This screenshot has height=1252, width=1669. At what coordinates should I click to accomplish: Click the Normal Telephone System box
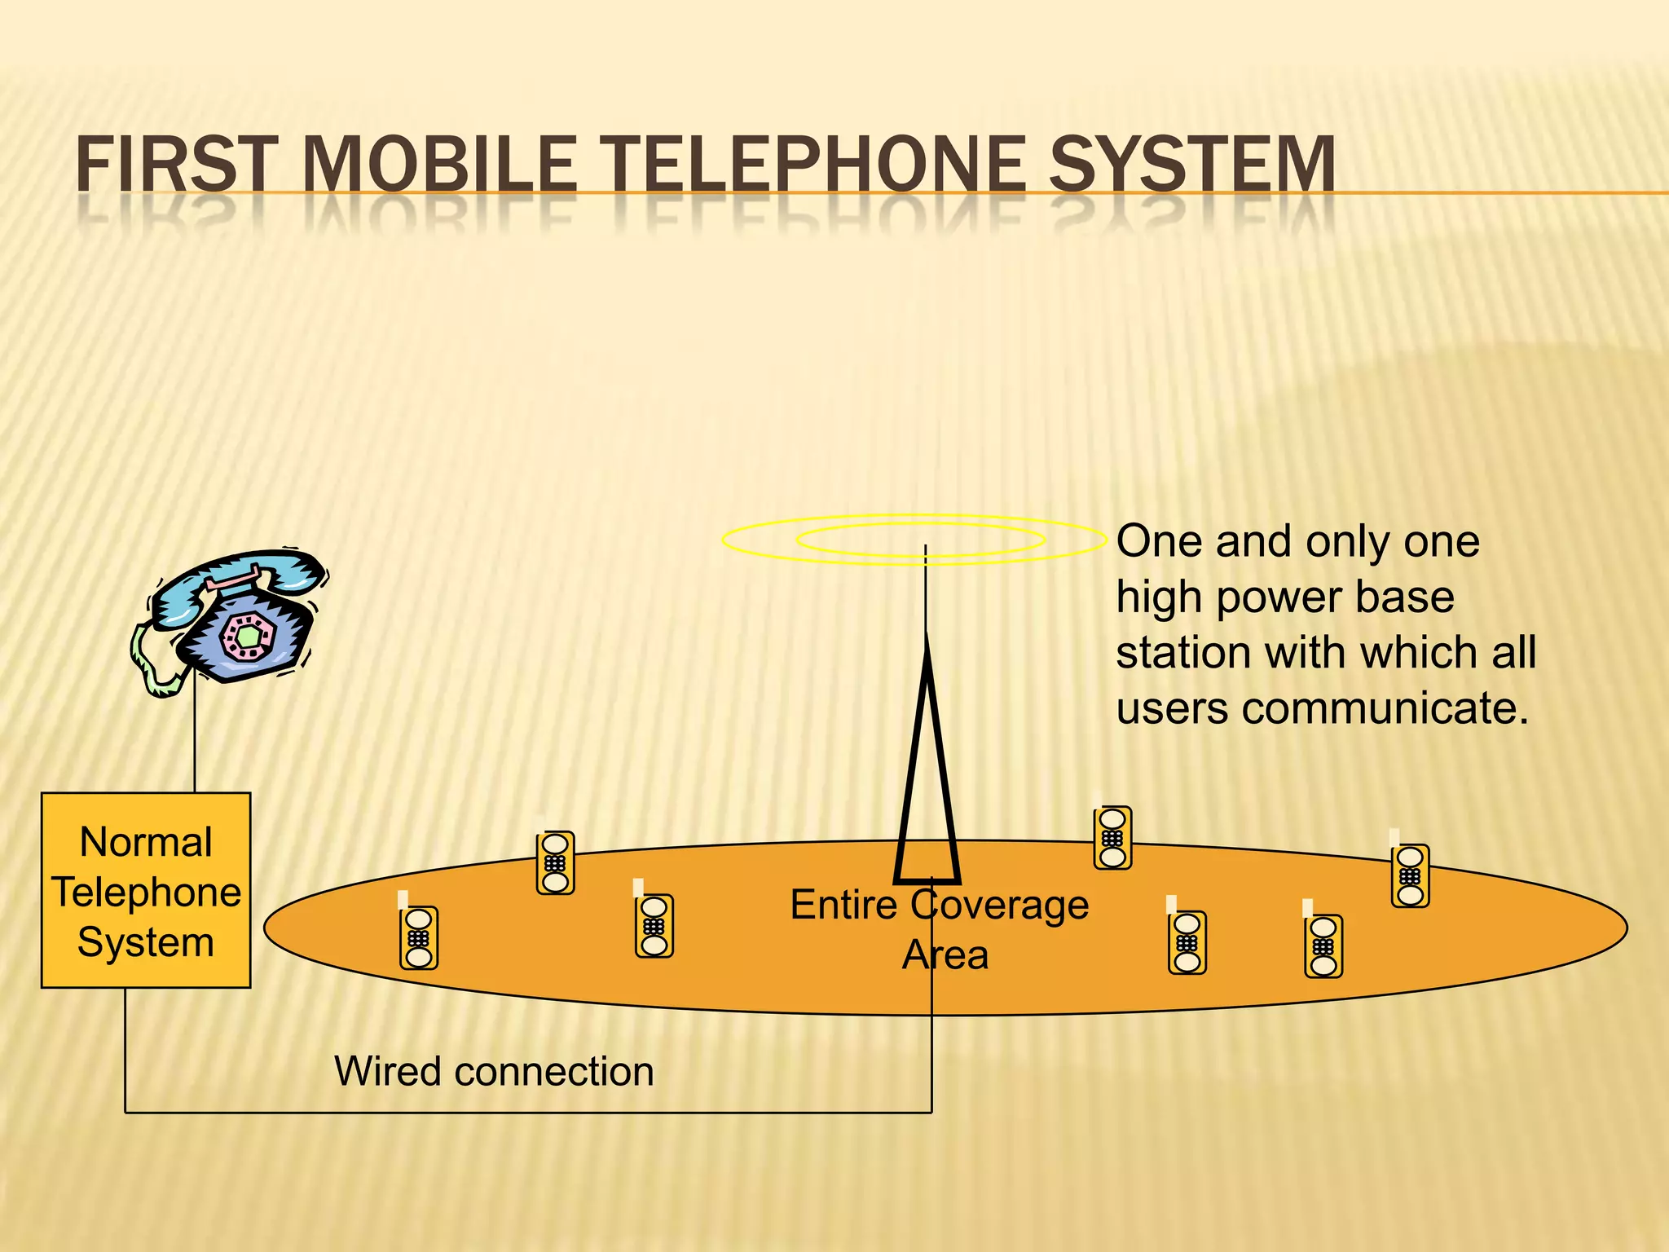coord(146,890)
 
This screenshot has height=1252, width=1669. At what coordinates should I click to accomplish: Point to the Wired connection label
coord(494,1071)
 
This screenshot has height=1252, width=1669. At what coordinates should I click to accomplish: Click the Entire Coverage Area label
coord(940,929)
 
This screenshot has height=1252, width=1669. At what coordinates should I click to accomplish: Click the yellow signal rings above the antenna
coord(914,539)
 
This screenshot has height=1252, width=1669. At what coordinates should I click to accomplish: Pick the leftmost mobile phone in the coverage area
coord(418,937)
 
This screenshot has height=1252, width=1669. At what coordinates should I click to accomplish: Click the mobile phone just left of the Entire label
coord(654,925)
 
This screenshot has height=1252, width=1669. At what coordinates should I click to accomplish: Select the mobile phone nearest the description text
coord(1112,837)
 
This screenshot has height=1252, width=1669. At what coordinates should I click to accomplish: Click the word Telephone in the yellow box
coord(147,892)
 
